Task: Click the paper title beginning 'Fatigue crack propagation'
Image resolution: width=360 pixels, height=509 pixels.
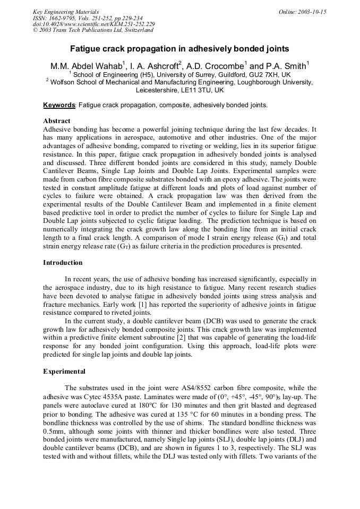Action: coord(179,49)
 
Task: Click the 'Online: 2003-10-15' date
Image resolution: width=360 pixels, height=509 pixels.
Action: coord(302,12)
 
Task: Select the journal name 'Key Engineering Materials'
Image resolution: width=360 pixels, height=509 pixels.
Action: coord(65,12)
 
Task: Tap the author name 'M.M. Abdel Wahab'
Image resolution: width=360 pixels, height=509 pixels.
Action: coord(87,66)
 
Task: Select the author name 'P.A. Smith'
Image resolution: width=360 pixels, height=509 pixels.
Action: coord(285,66)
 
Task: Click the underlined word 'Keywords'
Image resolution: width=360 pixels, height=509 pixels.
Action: coord(59,105)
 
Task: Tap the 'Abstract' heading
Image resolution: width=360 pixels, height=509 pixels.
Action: coord(57,121)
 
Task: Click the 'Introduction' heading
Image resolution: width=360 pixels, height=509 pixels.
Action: coord(63,263)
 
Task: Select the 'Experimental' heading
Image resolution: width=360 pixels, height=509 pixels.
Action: coord(64,372)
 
